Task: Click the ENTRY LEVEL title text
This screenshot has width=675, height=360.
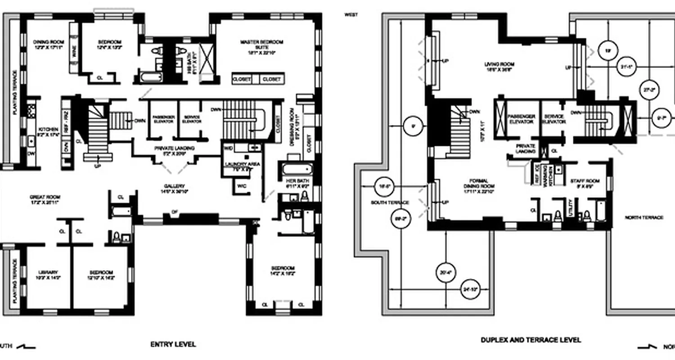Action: pos(173,344)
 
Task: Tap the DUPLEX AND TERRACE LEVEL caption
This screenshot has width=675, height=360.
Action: pos(531,340)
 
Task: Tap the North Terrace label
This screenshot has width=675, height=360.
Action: pos(644,217)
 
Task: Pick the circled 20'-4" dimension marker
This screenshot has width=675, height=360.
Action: pos(445,272)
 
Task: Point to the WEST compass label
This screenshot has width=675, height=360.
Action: pos(351,15)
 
